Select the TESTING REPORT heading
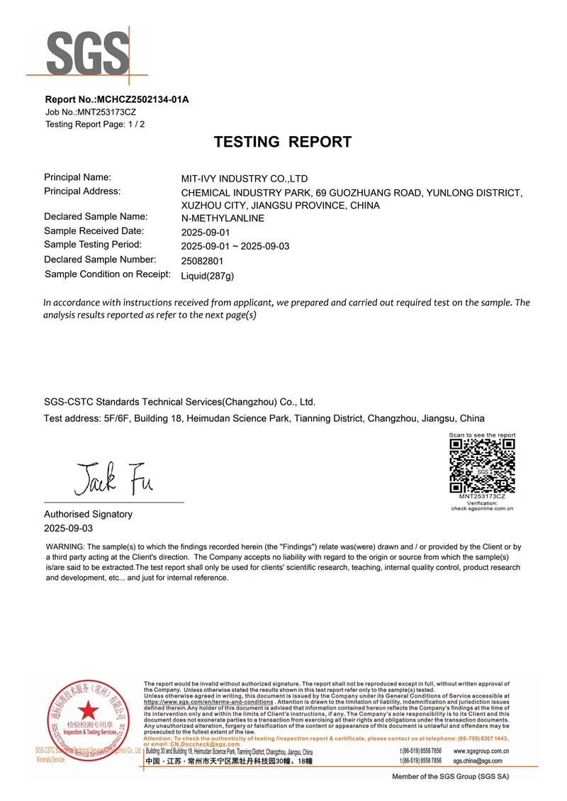(x=283, y=142)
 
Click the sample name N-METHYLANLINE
(x=223, y=218)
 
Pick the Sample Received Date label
(x=94, y=231)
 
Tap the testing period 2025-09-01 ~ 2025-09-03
(x=235, y=246)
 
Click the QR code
(x=482, y=465)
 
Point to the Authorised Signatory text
(x=88, y=514)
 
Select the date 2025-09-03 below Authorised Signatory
(x=69, y=528)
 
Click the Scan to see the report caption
(x=482, y=435)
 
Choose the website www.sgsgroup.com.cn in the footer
(x=481, y=751)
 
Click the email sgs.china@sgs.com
(x=477, y=761)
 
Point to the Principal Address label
(x=82, y=191)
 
